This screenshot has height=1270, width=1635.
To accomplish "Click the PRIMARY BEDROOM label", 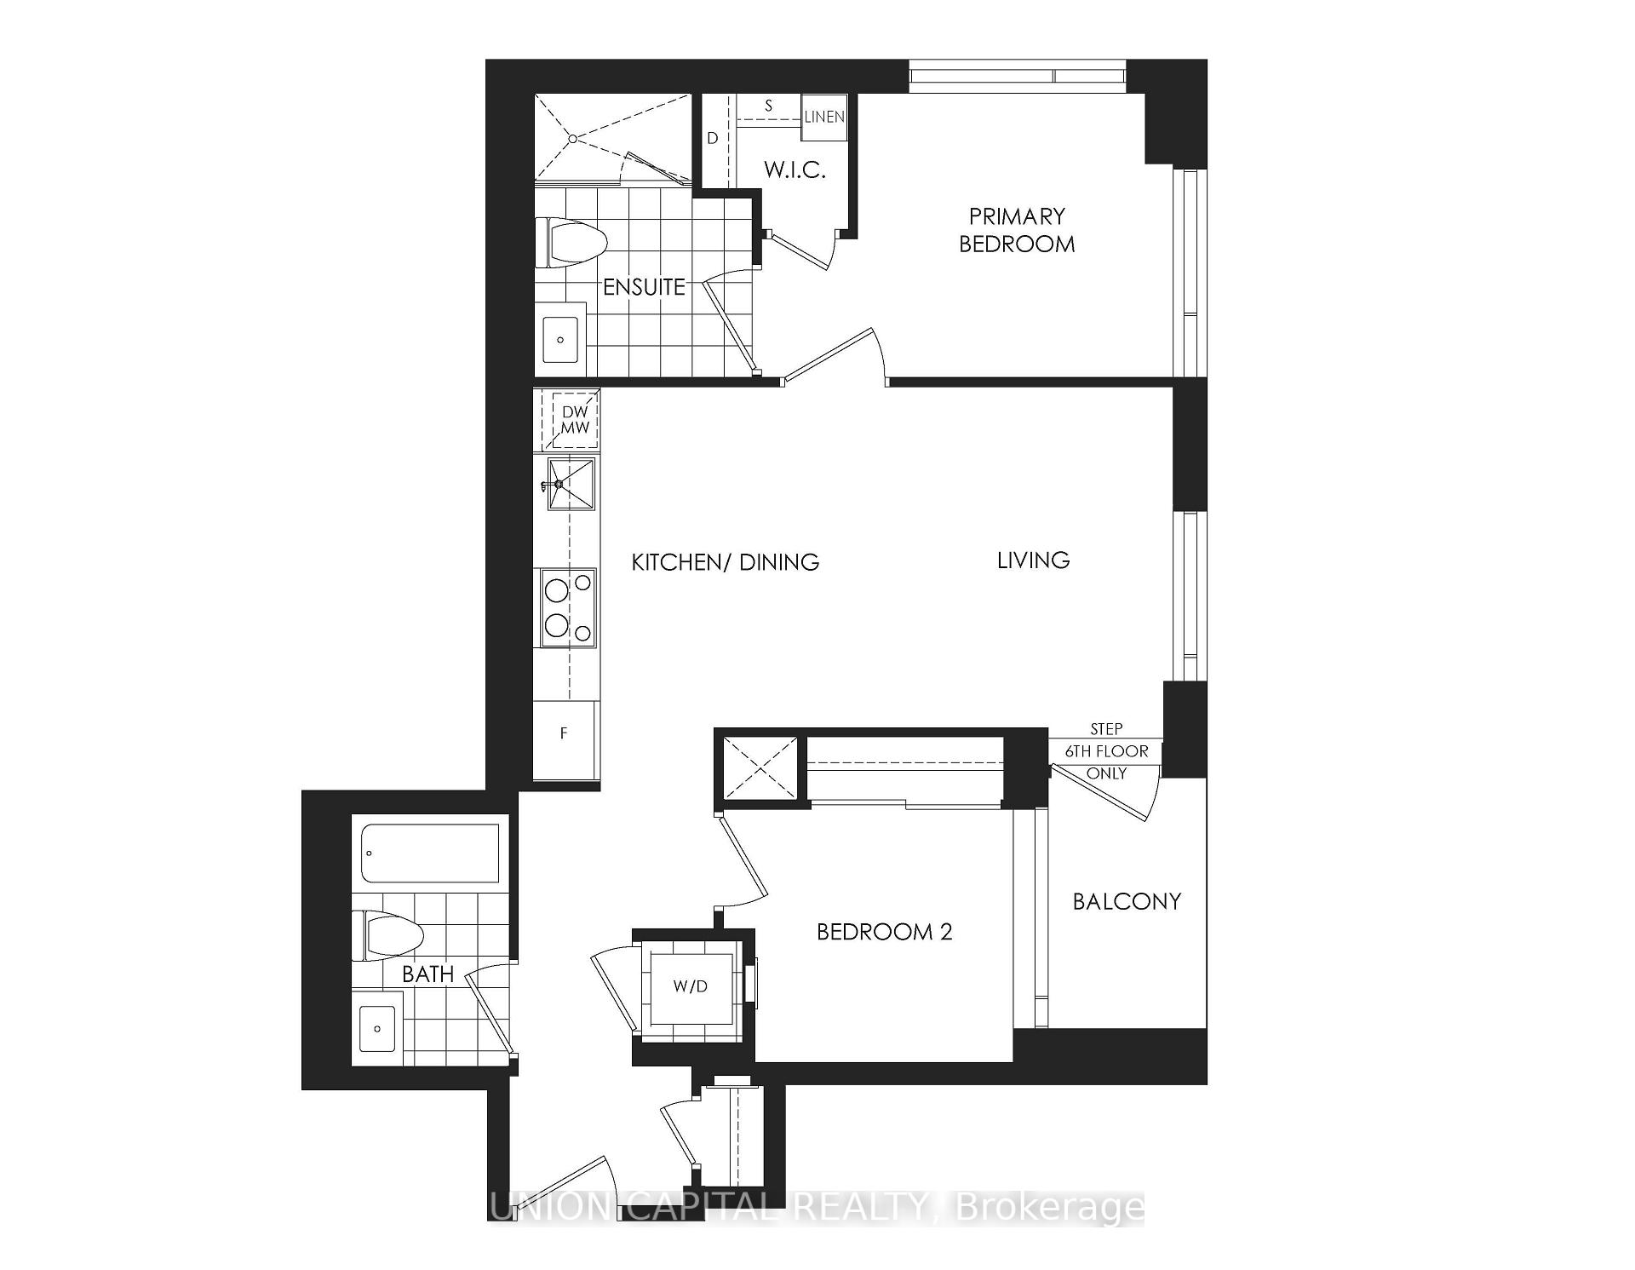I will coord(1017,230).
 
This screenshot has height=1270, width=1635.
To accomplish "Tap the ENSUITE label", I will coord(644,287).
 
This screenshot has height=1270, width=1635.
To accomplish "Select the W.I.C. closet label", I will coord(794,170).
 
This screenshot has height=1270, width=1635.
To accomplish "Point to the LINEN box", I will coord(824,117).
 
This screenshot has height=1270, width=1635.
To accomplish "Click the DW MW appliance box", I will coord(575,420).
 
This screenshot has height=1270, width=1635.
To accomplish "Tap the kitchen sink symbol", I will coord(571,484).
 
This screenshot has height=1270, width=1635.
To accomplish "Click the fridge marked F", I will coord(565,733).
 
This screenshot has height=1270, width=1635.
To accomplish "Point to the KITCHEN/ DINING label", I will coord(725,562).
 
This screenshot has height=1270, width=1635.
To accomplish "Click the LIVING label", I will coord(1033,560).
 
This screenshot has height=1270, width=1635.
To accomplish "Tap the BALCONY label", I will coord(1126,901).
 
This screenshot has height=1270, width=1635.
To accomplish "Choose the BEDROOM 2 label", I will coord(884,932).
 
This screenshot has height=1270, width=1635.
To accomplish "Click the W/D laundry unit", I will coord(690,987).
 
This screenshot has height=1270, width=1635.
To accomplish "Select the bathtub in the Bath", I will coord(430,853).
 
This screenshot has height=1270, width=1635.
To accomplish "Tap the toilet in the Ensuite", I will coord(571,240).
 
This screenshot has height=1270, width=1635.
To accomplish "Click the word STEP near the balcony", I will coord(1106,729).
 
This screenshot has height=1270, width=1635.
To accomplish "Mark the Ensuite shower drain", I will coord(574,138).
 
